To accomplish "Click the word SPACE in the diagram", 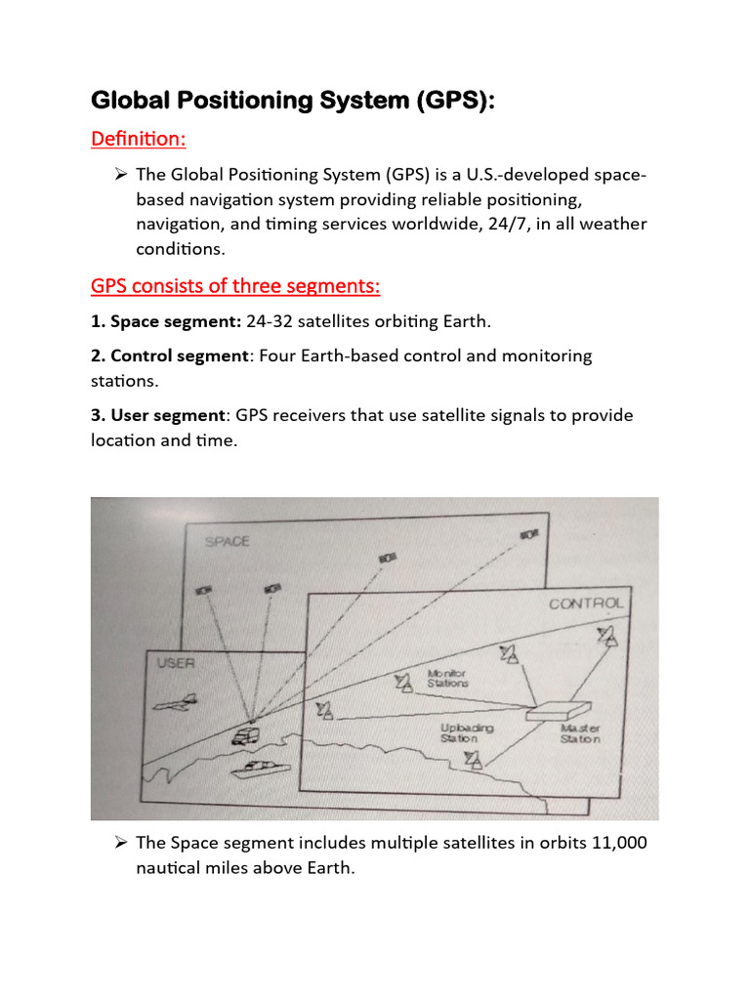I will tap(227, 540).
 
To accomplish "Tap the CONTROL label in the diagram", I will tap(585, 604).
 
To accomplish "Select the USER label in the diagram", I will tap(176, 663).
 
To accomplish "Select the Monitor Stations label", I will tap(447, 678).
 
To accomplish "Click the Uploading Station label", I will tap(466, 733).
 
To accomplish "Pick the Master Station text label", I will tap(580, 733).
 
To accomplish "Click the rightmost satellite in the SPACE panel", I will tap(529, 534).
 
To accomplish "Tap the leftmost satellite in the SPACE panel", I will tap(204, 590).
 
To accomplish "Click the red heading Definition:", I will tap(138, 140).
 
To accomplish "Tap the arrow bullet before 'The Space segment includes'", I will tap(122, 843).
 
